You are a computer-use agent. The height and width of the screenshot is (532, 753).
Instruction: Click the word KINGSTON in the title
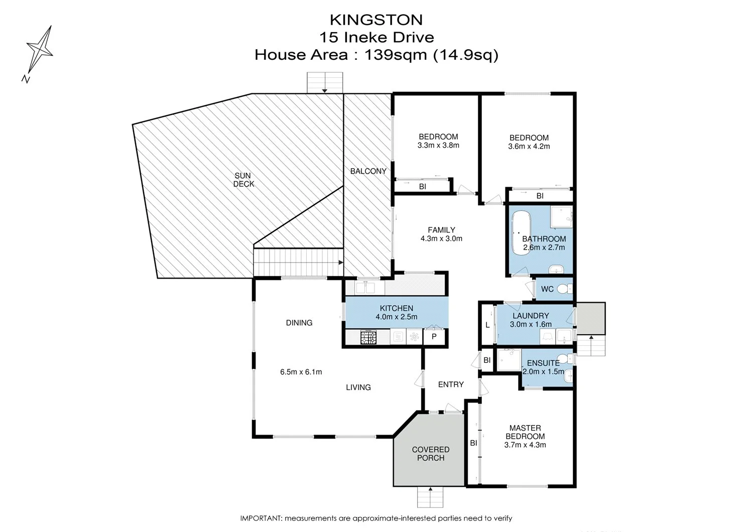point(376,20)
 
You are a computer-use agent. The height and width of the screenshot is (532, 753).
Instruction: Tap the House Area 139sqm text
point(376,55)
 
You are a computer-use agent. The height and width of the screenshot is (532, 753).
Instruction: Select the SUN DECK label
point(243,180)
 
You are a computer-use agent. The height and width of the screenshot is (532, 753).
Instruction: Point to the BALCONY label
point(368,171)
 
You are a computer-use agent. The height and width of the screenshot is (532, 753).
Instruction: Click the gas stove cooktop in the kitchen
point(368,337)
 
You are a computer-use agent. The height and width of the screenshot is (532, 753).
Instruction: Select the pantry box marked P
point(434,337)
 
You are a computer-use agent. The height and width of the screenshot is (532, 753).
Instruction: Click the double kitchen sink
point(365,288)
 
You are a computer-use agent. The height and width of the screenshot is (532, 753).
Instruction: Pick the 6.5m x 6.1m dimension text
point(301,372)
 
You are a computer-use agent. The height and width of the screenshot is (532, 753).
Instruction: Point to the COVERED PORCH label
point(431,454)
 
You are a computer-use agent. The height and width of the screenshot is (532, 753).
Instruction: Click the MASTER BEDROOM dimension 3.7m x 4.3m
point(525,445)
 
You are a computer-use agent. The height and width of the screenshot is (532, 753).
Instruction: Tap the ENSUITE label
point(543,363)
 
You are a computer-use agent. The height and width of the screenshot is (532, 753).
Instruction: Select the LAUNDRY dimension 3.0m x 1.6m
point(531,324)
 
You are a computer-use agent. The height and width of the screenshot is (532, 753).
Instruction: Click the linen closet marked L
point(487,325)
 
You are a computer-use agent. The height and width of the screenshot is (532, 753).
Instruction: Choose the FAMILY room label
point(441,230)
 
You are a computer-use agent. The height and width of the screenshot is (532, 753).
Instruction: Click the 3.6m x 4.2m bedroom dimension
point(529,147)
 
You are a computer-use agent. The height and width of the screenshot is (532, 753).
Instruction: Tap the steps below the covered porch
point(431,498)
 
